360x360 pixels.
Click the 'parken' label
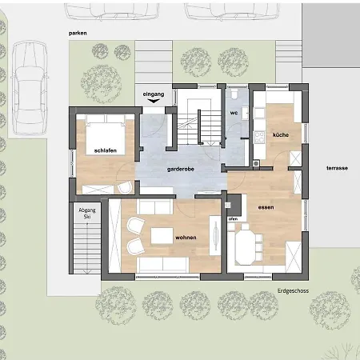78,34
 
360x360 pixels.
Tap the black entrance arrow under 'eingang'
154,101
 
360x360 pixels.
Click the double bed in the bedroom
106,134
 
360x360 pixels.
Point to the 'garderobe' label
181,170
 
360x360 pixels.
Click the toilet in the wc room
234,94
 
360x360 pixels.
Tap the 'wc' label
234,113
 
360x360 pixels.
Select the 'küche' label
281,134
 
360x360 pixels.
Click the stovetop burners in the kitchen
259,138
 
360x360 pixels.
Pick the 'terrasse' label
337,168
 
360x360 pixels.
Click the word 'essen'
266,207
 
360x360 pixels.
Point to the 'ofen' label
233,219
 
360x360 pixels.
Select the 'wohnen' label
186,238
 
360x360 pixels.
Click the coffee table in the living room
162,236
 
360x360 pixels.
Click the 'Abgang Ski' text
87,214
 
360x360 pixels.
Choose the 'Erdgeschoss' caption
293,290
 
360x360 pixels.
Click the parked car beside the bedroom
30,88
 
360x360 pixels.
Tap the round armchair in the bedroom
125,187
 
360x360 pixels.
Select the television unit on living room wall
215,235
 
